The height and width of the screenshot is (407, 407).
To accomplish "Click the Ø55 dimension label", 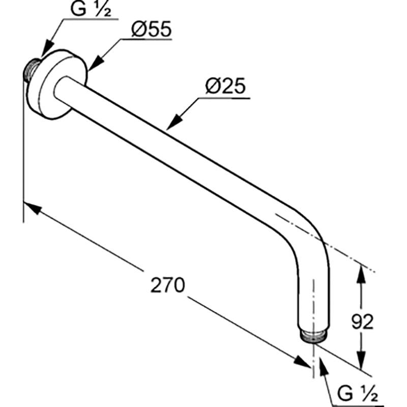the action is click(152, 29).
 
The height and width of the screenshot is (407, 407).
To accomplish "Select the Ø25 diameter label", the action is click(225, 86).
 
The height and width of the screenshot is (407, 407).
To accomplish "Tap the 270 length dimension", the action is click(168, 285).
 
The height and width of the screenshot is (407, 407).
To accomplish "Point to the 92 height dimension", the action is click(362, 322).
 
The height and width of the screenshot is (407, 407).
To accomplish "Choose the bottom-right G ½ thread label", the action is click(358, 393).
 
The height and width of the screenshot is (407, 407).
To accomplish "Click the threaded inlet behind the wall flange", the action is click(31, 70).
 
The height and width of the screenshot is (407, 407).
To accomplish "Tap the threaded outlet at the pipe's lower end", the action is click(313, 336).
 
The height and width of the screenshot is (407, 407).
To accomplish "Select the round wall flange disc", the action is click(57, 83).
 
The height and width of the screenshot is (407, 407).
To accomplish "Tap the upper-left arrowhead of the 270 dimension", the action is click(33, 208).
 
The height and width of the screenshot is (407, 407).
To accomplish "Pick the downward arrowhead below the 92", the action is click(361, 359).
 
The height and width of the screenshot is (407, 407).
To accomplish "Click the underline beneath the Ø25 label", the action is click(224, 98).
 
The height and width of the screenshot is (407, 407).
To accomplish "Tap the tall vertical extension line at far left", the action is click(23, 147).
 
